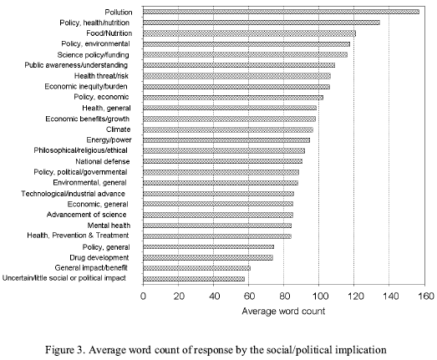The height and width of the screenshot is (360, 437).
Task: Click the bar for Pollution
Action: [281, 12]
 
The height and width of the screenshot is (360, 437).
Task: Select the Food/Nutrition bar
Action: [249, 33]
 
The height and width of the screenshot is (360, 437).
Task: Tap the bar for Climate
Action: [228, 129]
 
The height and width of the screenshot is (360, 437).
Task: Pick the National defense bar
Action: [223, 161]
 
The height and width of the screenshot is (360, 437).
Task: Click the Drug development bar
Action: [208, 258]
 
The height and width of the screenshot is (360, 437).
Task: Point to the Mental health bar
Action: [217, 226]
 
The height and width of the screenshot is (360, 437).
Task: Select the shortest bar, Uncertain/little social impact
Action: [194, 279]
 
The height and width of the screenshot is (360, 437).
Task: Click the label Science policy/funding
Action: [93, 55]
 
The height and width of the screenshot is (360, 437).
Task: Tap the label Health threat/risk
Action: [101, 76]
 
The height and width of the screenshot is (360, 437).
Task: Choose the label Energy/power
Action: [109, 139]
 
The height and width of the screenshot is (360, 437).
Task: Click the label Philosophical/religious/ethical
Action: [80, 150]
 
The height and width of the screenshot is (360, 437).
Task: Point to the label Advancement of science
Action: [86, 215]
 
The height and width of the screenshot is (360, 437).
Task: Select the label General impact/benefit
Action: [91, 268]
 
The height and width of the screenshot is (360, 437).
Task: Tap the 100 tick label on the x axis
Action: [319, 296]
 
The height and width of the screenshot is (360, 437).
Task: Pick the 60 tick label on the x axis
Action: [249, 296]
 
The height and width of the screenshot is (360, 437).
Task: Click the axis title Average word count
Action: [283, 311]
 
